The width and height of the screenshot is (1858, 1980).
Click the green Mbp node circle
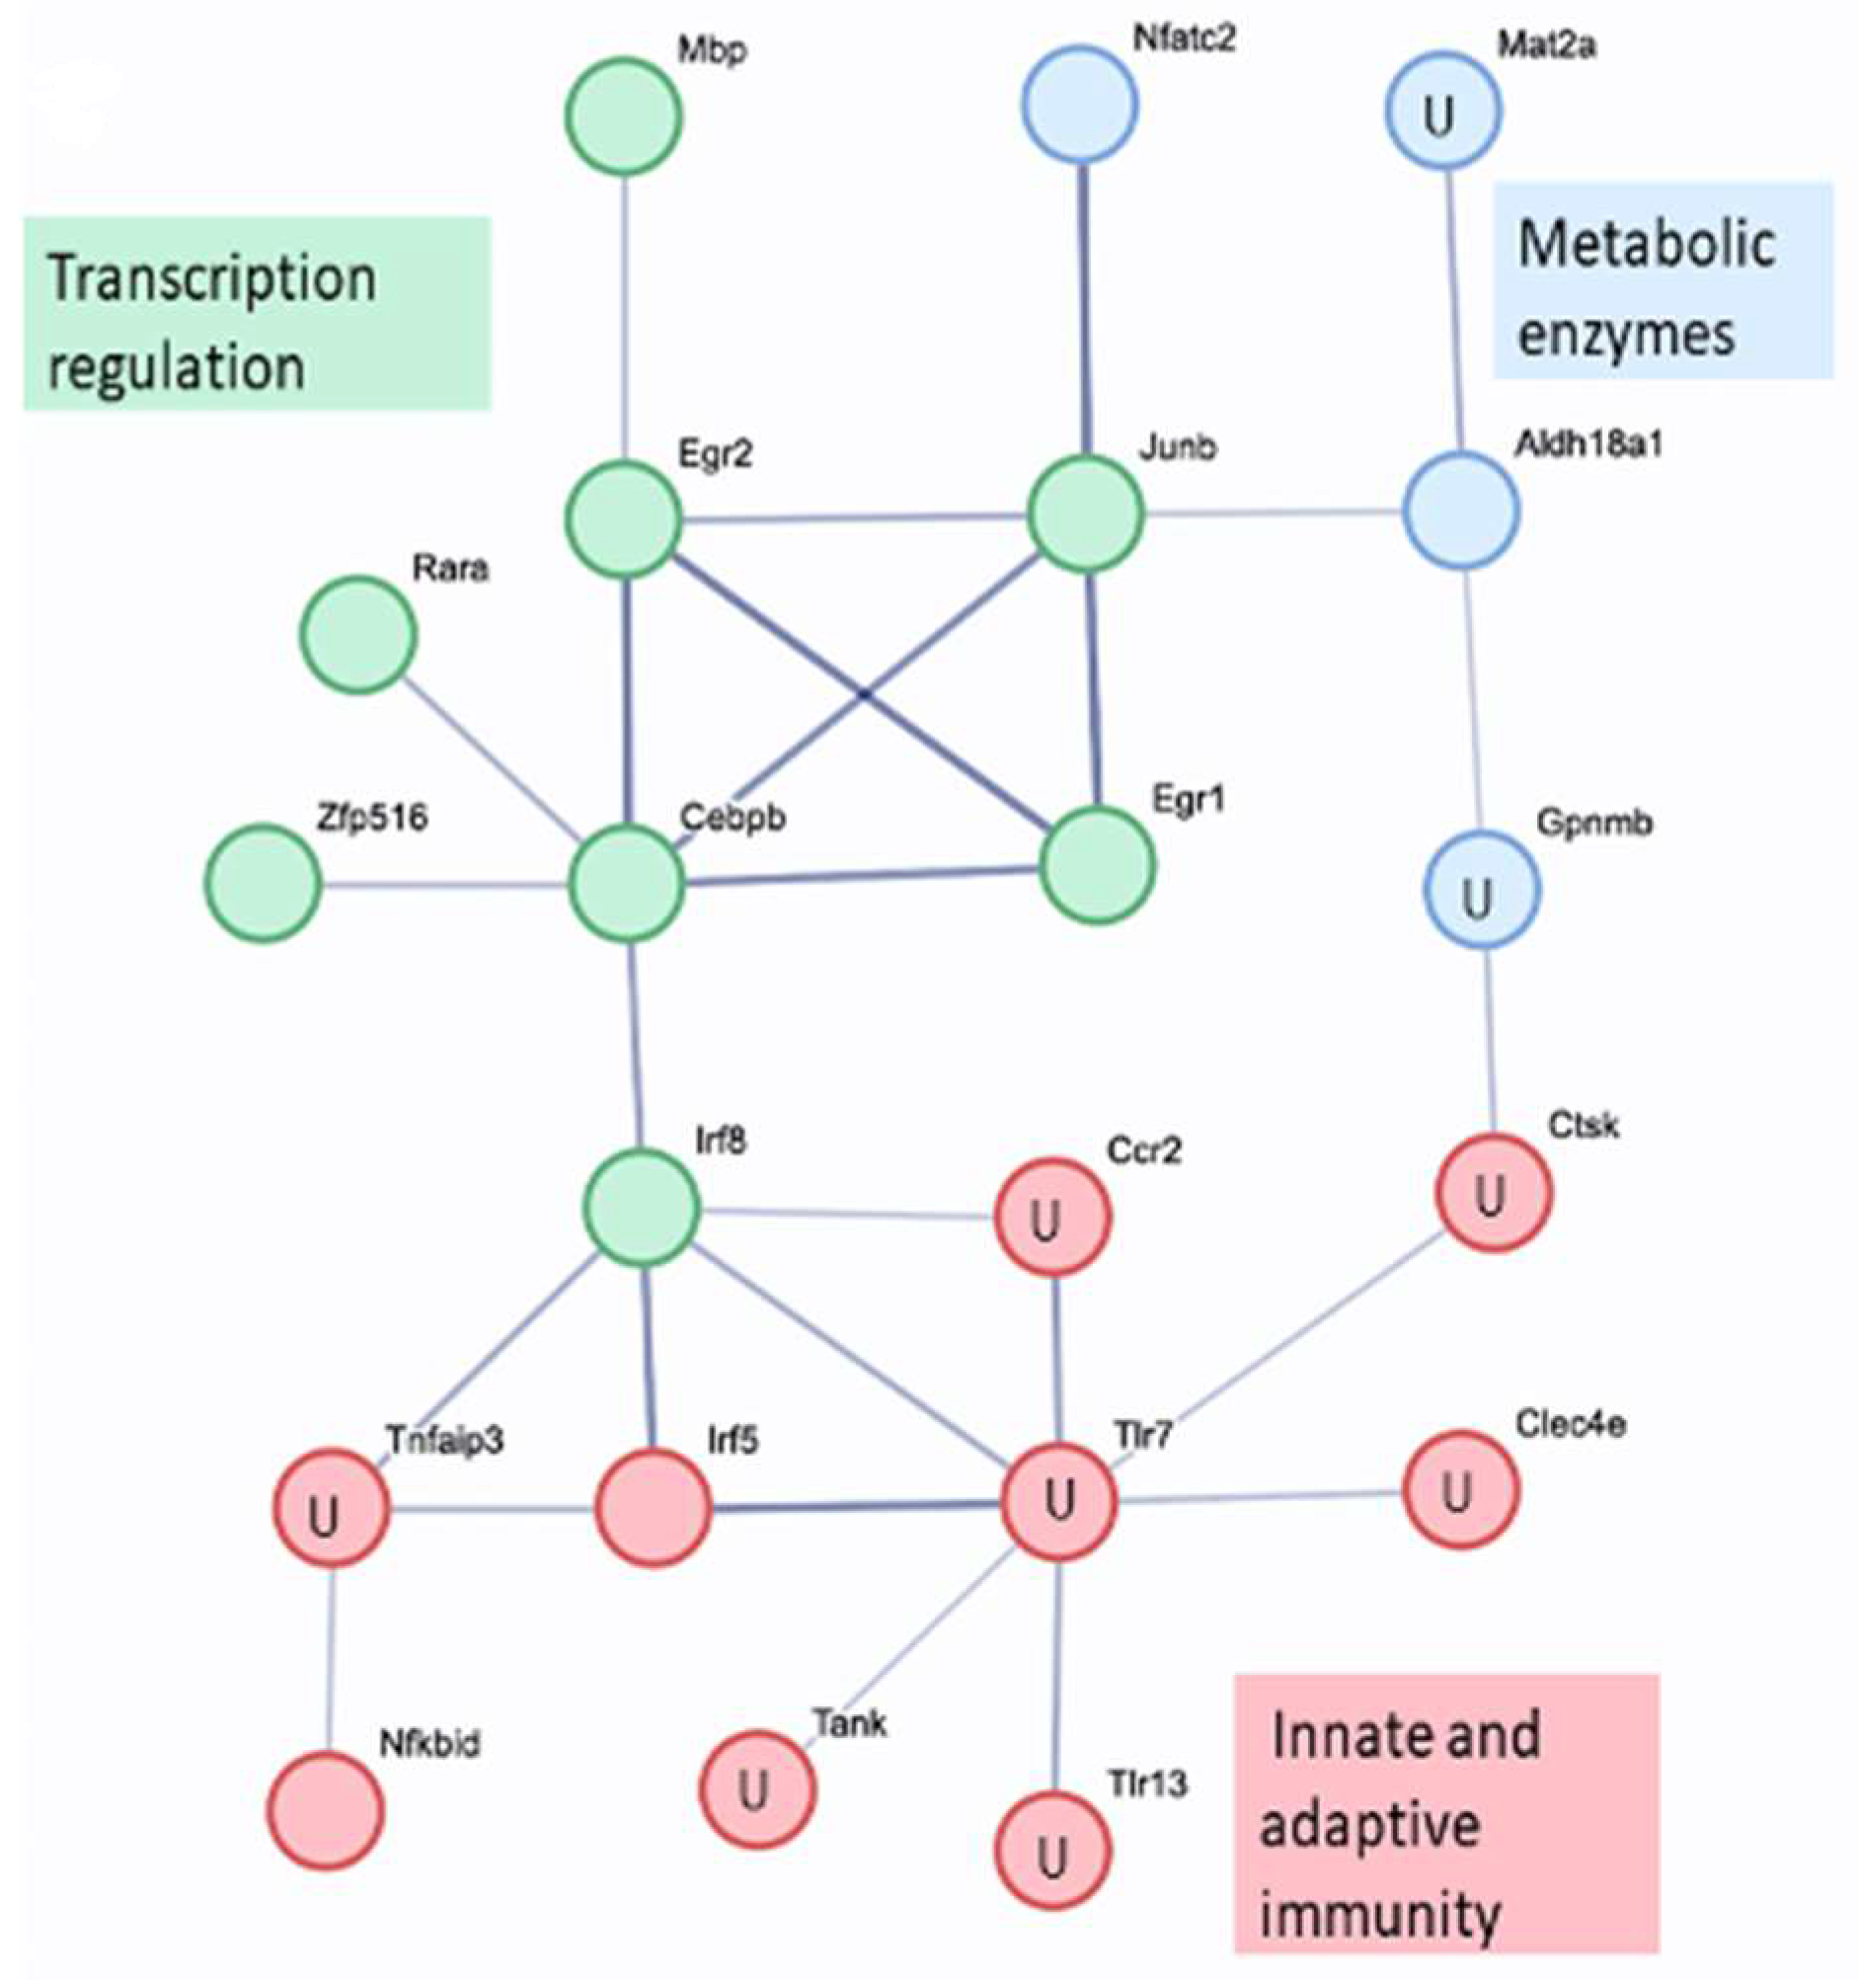pos(623,116)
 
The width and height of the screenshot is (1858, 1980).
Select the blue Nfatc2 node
pos(1080,104)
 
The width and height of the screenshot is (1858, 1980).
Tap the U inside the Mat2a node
pos(1439,117)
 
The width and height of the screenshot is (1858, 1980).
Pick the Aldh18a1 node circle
pos(1461,510)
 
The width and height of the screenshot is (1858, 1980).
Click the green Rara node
pos(358,634)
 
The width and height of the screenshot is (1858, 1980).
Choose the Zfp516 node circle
pos(264,883)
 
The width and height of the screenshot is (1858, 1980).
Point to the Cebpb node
pos(626,884)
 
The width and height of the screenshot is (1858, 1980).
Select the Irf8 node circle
pos(642,1207)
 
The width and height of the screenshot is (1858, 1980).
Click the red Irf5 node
pos(654,1507)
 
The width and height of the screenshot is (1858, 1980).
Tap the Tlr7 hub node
pos(1058,1499)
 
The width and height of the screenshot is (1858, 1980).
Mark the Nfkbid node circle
pos(325,1811)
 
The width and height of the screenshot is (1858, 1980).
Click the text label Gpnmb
pos(1593,824)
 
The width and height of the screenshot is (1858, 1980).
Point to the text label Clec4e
pos(1571,1425)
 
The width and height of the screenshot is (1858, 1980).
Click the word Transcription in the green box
pos(212,278)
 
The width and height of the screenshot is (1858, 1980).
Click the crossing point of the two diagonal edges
pos(863,694)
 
